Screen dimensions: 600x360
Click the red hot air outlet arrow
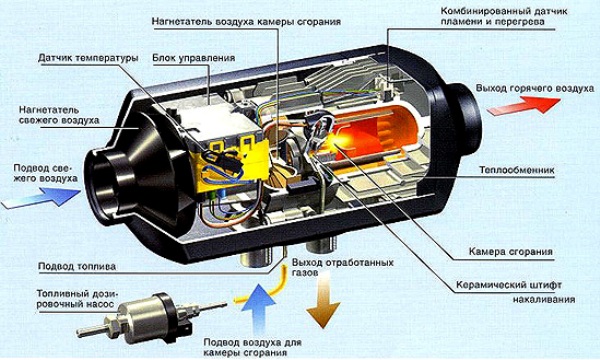click(523, 105)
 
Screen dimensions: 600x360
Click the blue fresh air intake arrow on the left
click(42, 198)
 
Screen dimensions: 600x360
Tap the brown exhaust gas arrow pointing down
click(323, 301)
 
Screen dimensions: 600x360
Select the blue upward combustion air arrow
click(258, 310)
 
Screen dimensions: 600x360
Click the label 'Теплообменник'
click(517, 170)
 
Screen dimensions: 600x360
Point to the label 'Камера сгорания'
click(510, 252)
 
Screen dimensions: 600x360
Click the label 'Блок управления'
click(194, 58)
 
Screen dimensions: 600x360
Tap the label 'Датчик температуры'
click(88, 58)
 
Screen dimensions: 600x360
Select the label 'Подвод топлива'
click(77, 266)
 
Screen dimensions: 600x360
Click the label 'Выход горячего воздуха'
click(535, 88)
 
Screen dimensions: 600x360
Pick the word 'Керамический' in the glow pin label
click(485, 285)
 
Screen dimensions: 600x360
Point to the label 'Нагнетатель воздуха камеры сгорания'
click(246, 21)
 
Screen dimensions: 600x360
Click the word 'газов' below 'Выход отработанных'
click(305, 273)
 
